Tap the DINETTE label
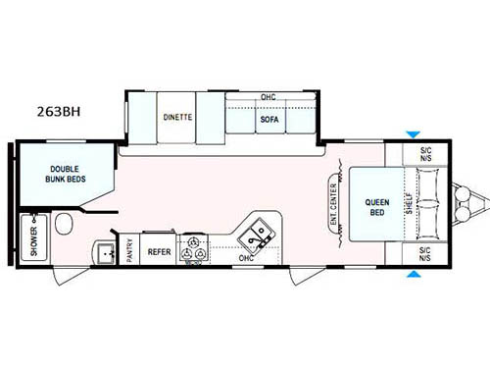(177, 118)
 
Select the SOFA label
(269, 120)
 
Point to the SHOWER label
(33, 238)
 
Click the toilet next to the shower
(65, 225)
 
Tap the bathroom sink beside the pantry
(104, 252)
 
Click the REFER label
(159, 251)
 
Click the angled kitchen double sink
(258, 232)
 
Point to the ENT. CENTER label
(335, 202)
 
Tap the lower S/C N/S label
(424, 253)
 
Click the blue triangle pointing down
(413, 134)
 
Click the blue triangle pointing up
(413, 274)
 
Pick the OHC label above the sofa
(268, 97)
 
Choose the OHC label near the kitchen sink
(246, 258)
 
